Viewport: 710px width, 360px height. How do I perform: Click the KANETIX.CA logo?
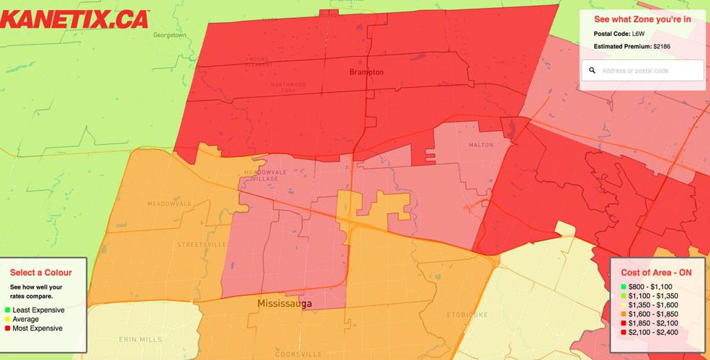pos(74,18)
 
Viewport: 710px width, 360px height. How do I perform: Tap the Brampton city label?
pos(366,72)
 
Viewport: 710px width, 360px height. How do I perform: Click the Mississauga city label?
pos(284,305)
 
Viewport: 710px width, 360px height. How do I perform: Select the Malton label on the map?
pos(481,145)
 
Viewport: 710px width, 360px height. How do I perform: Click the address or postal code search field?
pos(648,71)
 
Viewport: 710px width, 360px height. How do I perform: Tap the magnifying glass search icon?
pos(592,71)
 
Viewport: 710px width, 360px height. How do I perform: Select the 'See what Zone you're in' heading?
pos(642,19)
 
